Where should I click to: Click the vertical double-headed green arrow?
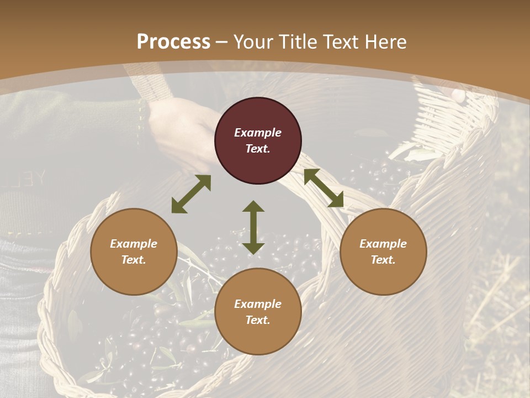[x=253, y=227]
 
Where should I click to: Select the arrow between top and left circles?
[x=191, y=194]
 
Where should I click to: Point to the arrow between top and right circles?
[x=324, y=188]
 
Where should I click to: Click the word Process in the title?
[x=173, y=42]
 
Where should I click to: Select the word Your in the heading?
[x=252, y=42]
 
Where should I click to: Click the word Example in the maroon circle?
[x=258, y=133]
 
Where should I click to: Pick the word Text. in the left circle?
[x=134, y=260]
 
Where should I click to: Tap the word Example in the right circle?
[x=383, y=244]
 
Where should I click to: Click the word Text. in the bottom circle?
[x=258, y=320]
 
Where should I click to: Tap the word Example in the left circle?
[x=134, y=244]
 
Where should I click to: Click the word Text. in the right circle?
[x=383, y=260]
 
